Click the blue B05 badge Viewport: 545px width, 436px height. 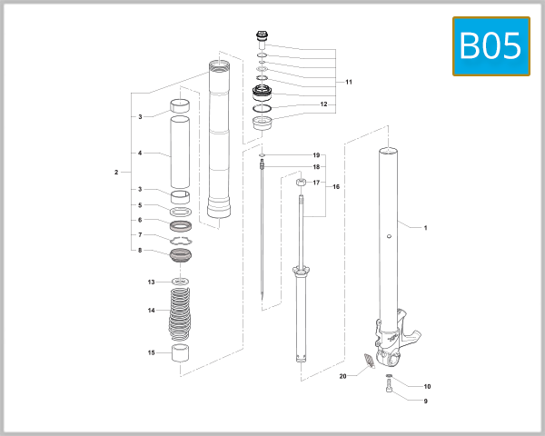coord(490,45)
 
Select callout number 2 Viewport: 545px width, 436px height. coord(116,172)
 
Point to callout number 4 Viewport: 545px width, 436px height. coord(140,154)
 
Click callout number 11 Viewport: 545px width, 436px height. coord(349,83)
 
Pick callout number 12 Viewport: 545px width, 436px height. coord(322,104)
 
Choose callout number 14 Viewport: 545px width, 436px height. coord(152,310)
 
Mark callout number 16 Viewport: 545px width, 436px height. coord(336,187)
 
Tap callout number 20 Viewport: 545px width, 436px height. coord(343,375)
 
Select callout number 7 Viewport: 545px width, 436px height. coord(140,234)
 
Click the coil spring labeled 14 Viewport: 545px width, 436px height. coord(182,313)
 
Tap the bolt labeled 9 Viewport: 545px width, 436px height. coord(391,388)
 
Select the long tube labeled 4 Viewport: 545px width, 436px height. coord(182,154)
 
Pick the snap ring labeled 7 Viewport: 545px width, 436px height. coord(183,239)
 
